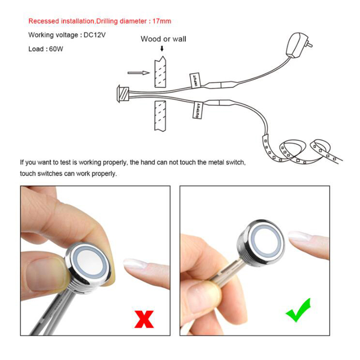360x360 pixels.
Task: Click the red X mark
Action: click(144, 319)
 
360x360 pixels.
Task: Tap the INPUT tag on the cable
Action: click(195, 81)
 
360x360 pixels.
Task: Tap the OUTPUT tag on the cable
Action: click(197, 110)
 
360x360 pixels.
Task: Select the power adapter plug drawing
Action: click(298, 45)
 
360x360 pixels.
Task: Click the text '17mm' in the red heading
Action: click(162, 21)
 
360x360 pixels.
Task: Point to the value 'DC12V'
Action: click(94, 35)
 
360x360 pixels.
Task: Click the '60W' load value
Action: click(56, 49)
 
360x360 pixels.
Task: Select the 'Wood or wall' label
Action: click(163, 39)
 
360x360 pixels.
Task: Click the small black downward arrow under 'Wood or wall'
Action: click(162, 49)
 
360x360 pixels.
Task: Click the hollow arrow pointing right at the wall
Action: click(139, 73)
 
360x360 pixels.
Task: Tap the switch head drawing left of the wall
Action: click(123, 94)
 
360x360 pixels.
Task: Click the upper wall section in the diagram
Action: click(160, 72)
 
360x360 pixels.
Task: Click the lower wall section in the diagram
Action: click(160, 116)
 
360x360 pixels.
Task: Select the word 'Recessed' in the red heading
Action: click(44, 21)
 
